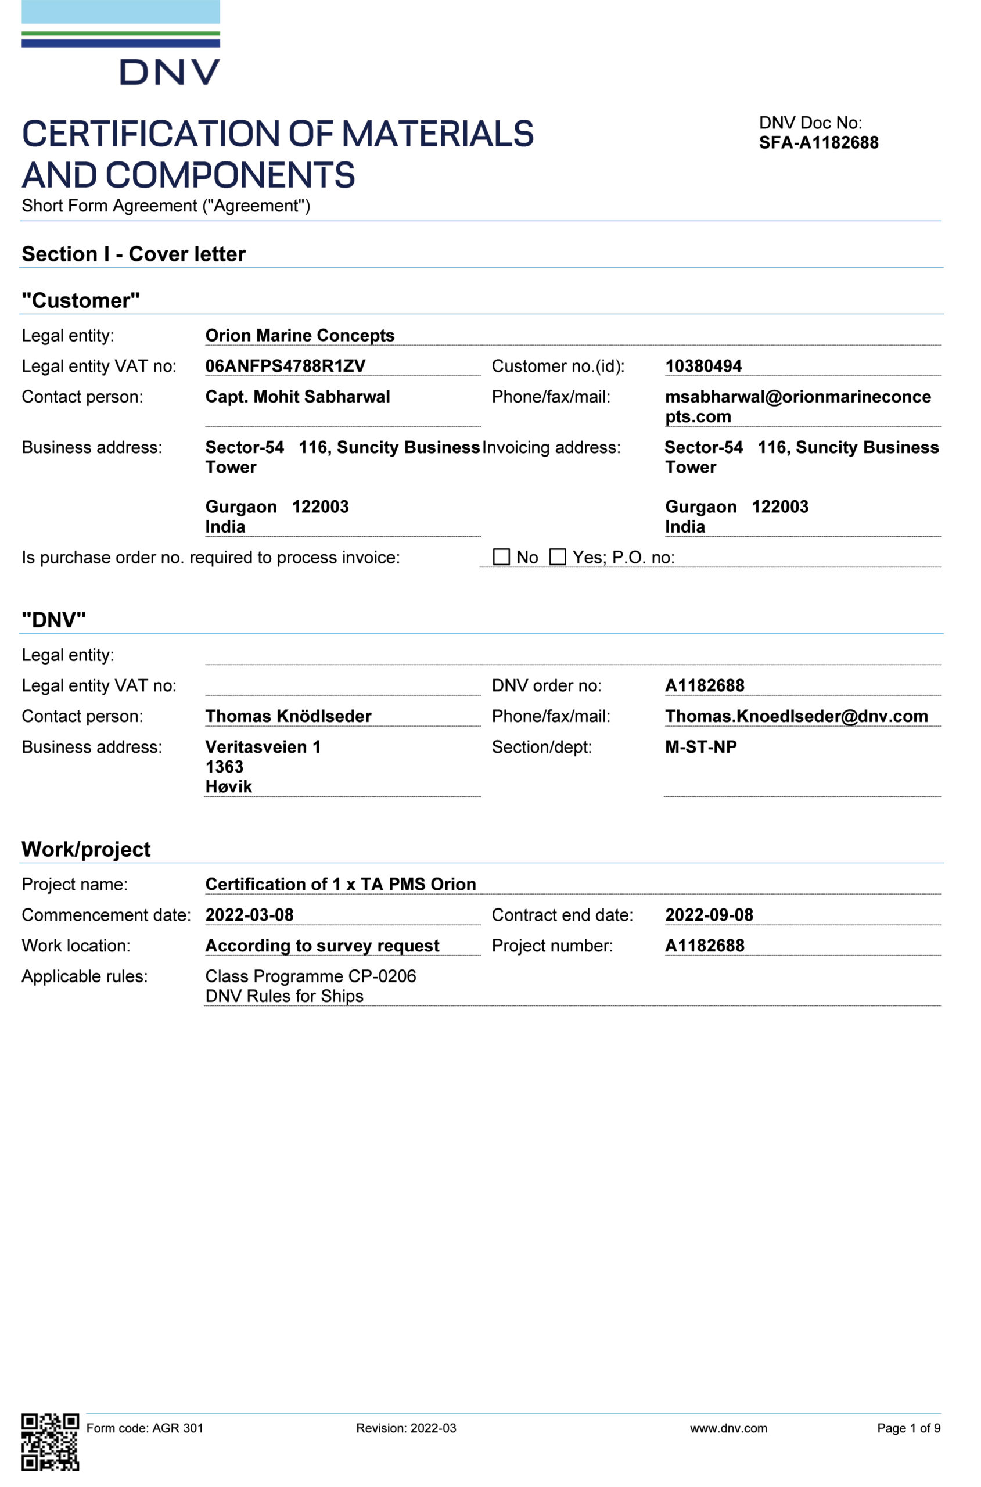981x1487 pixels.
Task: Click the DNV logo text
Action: click(170, 72)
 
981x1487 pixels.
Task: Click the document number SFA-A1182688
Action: click(818, 143)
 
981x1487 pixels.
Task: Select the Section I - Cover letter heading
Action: click(133, 254)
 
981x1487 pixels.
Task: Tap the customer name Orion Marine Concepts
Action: click(300, 335)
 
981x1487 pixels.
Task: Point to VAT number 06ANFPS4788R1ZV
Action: click(285, 366)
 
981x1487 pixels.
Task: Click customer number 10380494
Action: click(703, 366)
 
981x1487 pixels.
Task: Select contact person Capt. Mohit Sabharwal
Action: click(297, 397)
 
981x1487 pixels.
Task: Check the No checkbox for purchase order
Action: click(501, 557)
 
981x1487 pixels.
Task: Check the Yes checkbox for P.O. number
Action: click(557, 557)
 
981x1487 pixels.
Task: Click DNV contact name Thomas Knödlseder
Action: click(289, 716)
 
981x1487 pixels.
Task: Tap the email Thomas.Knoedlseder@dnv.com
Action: click(796, 716)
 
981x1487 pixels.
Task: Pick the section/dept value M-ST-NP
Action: click(700, 747)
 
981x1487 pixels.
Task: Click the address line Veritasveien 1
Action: click(263, 747)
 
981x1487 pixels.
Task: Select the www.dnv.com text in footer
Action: click(728, 1428)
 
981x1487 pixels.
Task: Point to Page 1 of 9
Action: click(908, 1428)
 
